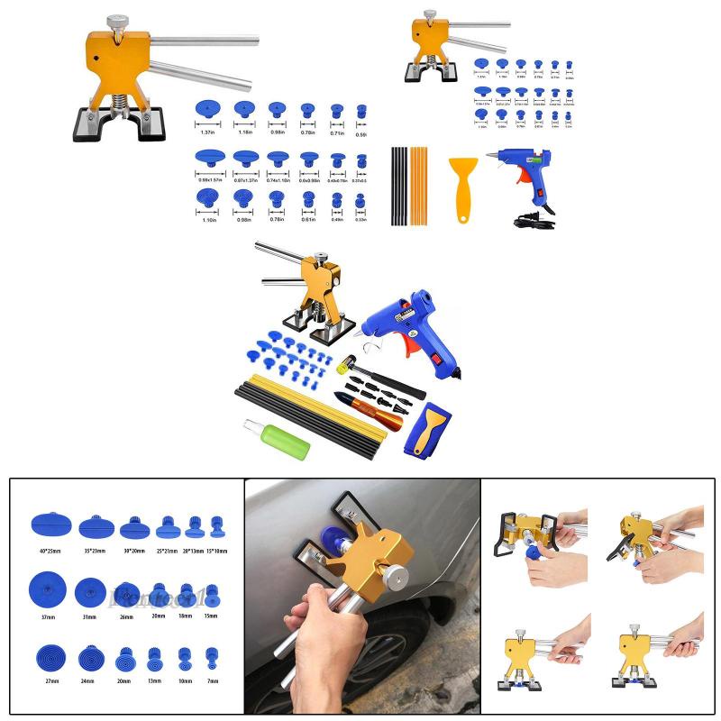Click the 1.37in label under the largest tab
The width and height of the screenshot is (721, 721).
point(208,132)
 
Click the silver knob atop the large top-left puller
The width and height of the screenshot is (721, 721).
point(117,21)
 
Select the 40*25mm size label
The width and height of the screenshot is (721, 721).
point(49,549)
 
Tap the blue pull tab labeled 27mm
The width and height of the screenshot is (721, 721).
point(49,655)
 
